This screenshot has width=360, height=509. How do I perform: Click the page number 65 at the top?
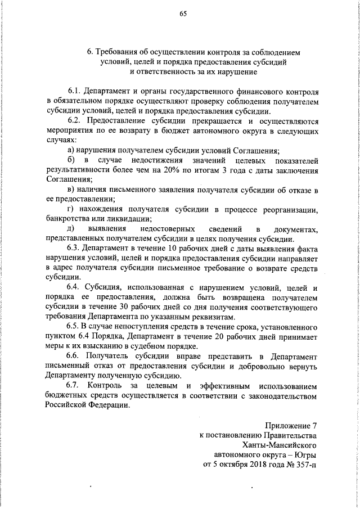pos(183,14)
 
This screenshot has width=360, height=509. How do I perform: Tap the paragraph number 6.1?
pos(74,91)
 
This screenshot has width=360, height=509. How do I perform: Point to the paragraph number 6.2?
pos(74,121)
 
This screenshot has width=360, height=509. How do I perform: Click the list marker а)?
pos(71,151)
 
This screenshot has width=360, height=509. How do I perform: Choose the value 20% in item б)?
pos(172,170)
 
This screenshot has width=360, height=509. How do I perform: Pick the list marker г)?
pos(70,210)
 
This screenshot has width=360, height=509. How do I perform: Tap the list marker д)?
pos(71,229)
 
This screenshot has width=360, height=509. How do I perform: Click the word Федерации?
pos(107,407)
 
